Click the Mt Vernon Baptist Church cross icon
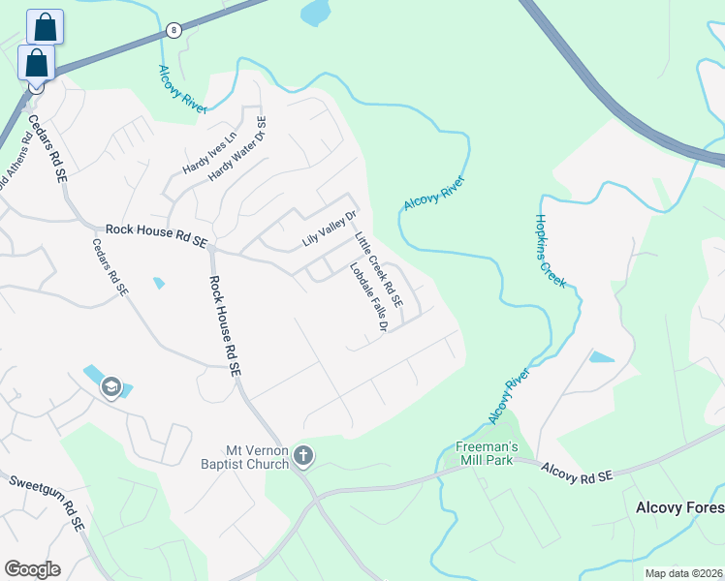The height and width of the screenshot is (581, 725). click(x=303, y=455)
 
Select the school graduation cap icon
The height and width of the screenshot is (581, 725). click(x=110, y=386)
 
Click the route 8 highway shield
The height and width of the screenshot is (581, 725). click(x=173, y=31)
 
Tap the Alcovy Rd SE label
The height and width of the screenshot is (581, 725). click(x=578, y=474)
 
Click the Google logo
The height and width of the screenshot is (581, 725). click(x=32, y=569)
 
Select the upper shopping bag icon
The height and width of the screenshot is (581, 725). click(x=45, y=27)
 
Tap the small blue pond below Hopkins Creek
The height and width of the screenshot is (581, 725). click(x=600, y=356)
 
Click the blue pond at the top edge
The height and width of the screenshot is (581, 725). click(x=315, y=12)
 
